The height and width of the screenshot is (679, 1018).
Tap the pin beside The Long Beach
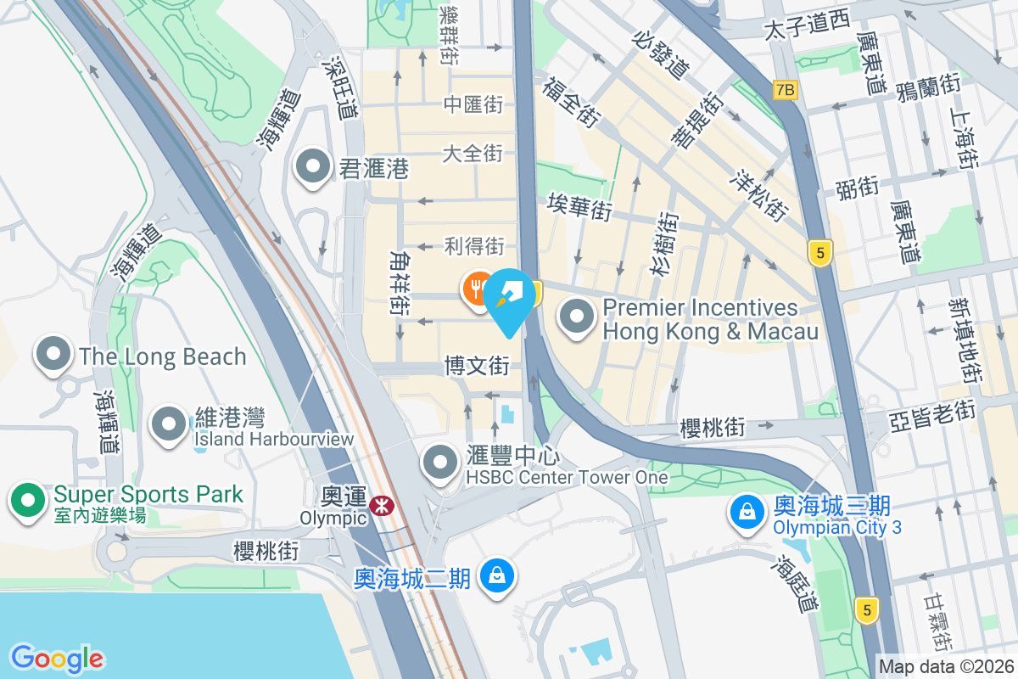(x=53, y=355)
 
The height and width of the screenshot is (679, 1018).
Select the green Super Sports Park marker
(x=28, y=500)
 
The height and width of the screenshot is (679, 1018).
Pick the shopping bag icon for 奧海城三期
(x=747, y=511)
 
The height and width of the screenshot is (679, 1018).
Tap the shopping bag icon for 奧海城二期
(x=495, y=575)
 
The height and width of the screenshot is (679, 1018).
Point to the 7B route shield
(x=786, y=88)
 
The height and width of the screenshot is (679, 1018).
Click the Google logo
(x=58, y=658)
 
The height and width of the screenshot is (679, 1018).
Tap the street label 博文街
(x=477, y=367)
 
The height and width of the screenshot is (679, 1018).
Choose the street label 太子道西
(x=806, y=27)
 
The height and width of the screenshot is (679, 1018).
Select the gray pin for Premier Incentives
(x=578, y=318)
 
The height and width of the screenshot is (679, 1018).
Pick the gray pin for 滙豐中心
(x=440, y=463)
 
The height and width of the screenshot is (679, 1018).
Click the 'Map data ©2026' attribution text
(x=947, y=667)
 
